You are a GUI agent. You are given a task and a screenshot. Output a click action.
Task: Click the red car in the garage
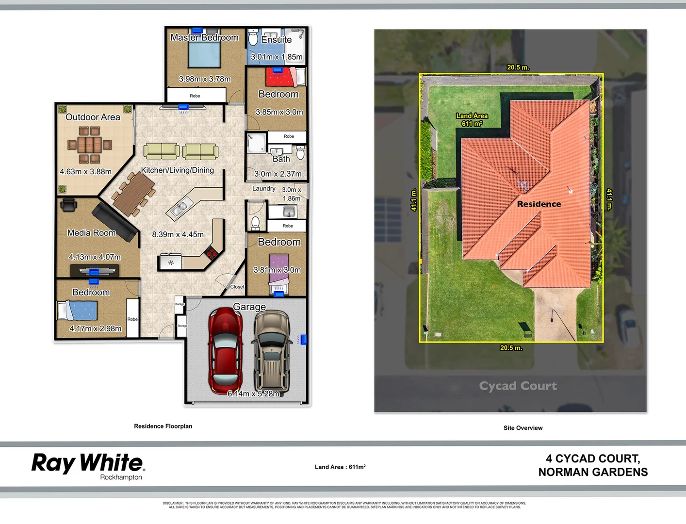click(226, 350)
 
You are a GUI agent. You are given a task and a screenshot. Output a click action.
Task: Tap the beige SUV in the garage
click(272, 351)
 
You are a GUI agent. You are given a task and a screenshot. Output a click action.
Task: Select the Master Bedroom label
click(204, 37)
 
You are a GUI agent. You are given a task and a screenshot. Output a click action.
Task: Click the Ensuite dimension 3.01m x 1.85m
click(277, 57)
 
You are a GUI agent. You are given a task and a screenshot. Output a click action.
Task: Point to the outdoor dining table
click(89, 145)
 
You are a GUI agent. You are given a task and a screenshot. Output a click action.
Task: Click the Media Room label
click(91, 233)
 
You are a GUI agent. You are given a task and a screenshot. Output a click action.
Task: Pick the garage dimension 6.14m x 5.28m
click(253, 393)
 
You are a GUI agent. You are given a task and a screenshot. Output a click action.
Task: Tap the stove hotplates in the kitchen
click(211, 252)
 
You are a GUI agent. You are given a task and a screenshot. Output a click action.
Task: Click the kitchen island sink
click(178, 209)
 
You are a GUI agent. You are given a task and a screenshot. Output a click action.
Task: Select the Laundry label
click(263, 188)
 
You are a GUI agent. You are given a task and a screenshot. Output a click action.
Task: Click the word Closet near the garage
click(237, 287)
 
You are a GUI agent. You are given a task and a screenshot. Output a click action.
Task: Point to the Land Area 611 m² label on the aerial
click(472, 120)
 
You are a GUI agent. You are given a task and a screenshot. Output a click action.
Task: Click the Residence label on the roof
click(539, 204)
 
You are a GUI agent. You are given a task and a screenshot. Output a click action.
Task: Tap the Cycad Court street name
click(518, 386)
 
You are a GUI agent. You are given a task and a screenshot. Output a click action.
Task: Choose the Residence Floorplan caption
click(163, 426)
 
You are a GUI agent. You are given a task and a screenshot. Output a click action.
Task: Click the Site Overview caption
click(523, 428)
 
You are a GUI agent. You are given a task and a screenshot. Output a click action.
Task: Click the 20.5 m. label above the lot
click(518, 67)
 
